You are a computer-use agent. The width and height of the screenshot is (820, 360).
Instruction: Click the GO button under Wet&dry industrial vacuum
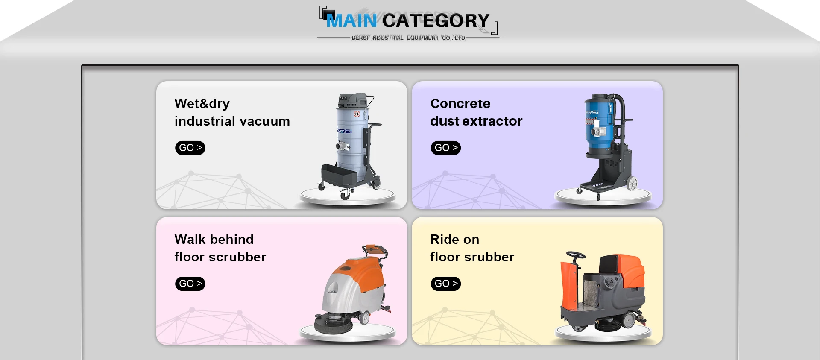click(190, 148)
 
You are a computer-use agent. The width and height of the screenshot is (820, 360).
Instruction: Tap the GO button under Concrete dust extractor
click(445, 148)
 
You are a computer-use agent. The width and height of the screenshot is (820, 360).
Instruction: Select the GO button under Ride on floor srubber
click(445, 284)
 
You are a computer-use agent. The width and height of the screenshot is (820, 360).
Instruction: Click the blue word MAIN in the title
click(351, 20)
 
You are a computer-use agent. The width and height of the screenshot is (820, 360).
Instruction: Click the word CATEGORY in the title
click(436, 20)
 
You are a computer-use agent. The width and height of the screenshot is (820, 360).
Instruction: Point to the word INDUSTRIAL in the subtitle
click(387, 38)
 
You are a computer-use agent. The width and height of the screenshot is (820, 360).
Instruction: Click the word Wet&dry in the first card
click(202, 104)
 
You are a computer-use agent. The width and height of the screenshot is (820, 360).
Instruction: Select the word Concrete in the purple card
click(460, 103)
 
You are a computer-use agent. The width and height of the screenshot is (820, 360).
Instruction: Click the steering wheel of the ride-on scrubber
click(576, 255)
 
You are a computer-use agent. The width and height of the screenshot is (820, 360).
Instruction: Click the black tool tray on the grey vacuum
click(339, 175)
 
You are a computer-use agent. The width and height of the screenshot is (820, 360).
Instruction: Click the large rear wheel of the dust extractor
click(632, 183)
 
